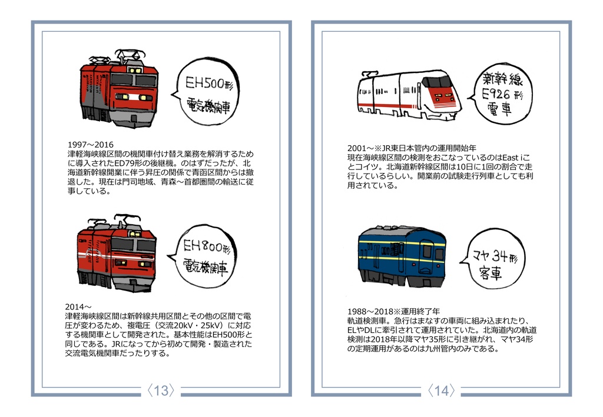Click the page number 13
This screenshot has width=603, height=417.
pos(161,391)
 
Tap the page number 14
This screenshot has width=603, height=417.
pos(441,391)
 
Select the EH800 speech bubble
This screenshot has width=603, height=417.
pos(203,256)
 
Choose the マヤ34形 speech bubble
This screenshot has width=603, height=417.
pos(493,260)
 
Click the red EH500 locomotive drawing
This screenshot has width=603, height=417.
pos(119,88)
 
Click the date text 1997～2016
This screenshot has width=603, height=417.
pos(91,145)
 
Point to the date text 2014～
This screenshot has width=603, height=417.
pos(78,307)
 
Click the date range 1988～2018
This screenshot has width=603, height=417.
pos(370,311)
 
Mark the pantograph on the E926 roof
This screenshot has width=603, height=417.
pos(370,74)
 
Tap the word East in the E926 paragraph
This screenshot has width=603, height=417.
pos(511,158)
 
